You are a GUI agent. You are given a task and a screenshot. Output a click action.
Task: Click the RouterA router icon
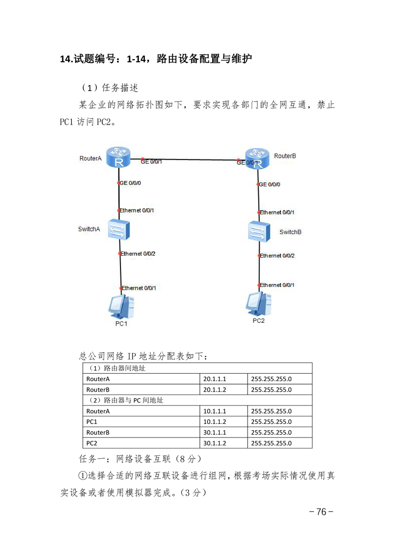pyautogui.click(x=119, y=157)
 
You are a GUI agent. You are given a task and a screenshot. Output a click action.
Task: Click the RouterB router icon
pyautogui.click(x=257, y=158)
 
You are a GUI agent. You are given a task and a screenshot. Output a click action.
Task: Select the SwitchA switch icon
pyautogui.click(x=119, y=229)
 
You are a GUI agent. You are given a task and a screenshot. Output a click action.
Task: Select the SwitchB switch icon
pyautogui.click(x=259, y=232)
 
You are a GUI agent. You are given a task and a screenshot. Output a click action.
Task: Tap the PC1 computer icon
pyautogui.click(x=121, y=306)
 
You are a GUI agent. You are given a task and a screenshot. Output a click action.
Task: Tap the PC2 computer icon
pyautogui.click(x=259, y=304)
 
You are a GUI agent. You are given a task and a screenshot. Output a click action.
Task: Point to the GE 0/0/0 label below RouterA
pyautogui.click(x=130, y=183)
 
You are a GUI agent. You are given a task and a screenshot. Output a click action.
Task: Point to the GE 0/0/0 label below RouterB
pyautogui.click(x=269, y=184)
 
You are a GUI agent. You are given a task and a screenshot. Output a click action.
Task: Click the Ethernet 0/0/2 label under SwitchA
pyautogui.click(x=137, y=254)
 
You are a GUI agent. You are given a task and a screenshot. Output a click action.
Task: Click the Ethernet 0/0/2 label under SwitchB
pyautogui.click(x=277, y=256)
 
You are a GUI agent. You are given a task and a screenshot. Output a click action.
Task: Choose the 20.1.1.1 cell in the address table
pyautogui.click(x=215, y=379)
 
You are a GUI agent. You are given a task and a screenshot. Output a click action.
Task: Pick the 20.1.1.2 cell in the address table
pyautogui.click(x=215, y=390)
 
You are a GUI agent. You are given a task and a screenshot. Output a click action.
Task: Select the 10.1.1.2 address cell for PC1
pyautogui.click(x=215, y=422)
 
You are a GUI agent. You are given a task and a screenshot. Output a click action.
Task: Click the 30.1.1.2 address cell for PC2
pyautogui.click(x=215, y=443)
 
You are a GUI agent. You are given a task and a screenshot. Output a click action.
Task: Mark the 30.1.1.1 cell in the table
pyautogui.click(x=215, y=432)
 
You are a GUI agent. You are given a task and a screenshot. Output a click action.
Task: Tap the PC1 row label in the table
pyautogui.click(x=92, y=422)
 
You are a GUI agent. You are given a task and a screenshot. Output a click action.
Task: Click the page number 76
pyautogui.click(x=321, y=512)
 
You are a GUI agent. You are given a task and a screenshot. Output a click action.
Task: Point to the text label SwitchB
pyautogui.click(x=290, y=232)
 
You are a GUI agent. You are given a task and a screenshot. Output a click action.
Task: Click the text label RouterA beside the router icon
pyautogui.click(x=91, y=158)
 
